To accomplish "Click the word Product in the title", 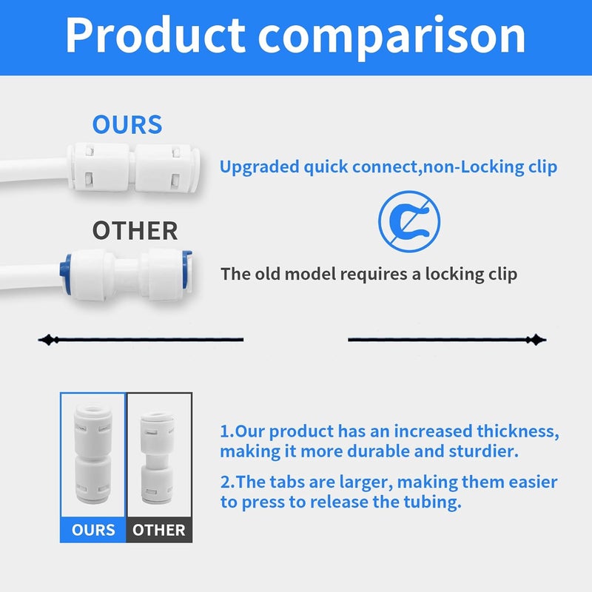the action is click(155, 35).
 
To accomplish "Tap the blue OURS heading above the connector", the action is click(127, 124).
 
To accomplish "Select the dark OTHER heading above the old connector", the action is click(135, 231).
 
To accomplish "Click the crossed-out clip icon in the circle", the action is click(409, 221).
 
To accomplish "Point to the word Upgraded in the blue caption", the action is click(260, 167).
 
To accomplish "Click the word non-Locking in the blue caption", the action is click(474, 167).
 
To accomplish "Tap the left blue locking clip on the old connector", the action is click(66, 274).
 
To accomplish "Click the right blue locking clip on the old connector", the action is click(187, 269).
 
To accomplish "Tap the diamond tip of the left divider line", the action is click(48, 340).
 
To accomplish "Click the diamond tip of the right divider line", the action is click(536, 340).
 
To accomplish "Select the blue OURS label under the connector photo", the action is click(93, 530).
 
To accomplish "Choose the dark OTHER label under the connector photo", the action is click(158, 530).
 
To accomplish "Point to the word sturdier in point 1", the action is click(484, 451).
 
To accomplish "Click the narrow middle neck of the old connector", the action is click(127, 275).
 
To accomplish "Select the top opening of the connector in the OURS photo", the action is click(93, 409).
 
